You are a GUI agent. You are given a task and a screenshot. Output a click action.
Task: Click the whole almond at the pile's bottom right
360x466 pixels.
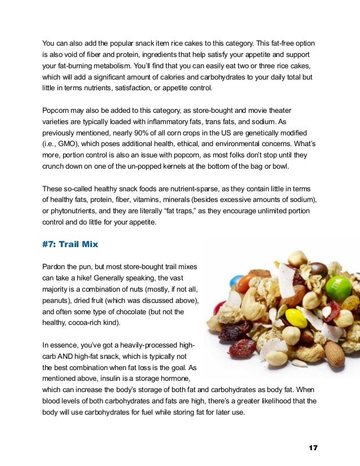click(334, 354)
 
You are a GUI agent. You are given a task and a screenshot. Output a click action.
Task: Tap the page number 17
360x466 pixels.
click(313, 447)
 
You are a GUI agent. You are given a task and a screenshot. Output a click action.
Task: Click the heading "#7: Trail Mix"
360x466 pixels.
click(69, 245)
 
